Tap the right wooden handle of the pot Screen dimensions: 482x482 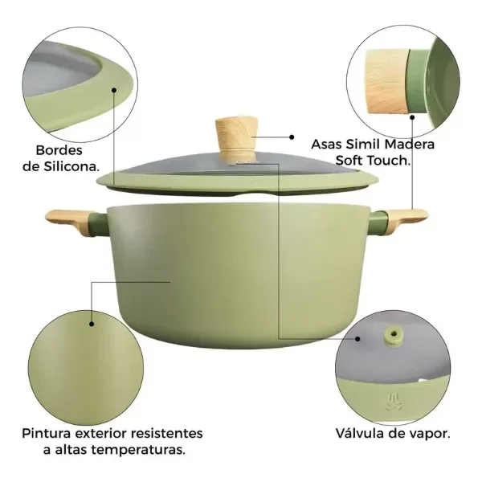(x=406, y=218)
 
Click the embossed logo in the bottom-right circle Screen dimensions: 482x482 (x=392, y=398)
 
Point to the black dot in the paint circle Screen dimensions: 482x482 (x=93, y=325)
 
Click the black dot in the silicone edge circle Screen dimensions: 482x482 (x=112, y=91)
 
